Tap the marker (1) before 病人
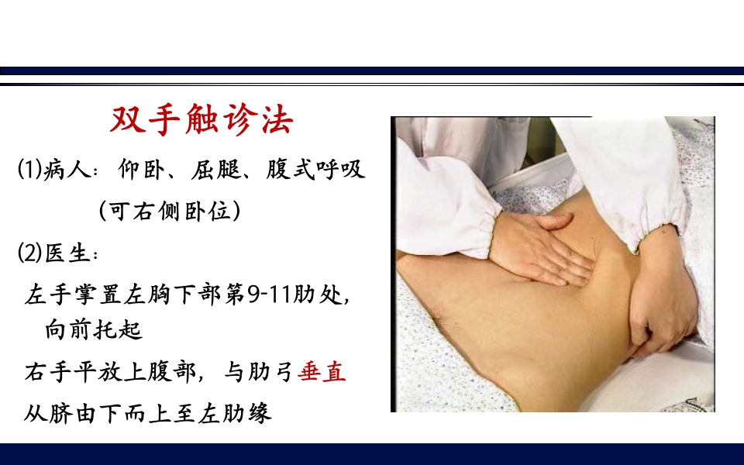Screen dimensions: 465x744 (x=28, y=169)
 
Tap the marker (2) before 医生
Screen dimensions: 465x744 (x=28, y=253)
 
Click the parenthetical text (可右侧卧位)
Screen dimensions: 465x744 (x=169, y=210)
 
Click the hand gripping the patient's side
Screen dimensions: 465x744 (x=659, y=310)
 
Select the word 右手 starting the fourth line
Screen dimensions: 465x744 (x=44, y=373)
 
